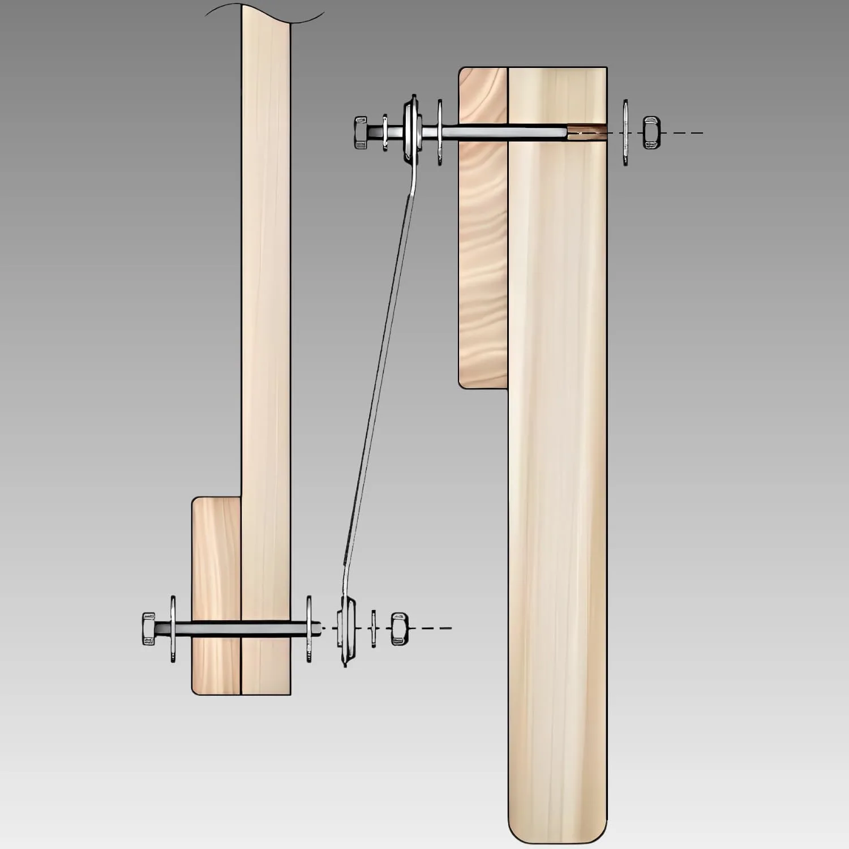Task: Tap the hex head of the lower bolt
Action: click(148, 628)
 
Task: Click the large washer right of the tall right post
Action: click(625, 132)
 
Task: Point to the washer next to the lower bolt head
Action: click(173, 628)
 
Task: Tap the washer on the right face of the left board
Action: click(309, 628)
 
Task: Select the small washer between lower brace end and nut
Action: click(373, 628)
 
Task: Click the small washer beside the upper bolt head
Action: click(385, 132)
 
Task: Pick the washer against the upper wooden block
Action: click(440, 132)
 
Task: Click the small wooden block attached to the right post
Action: click(483, 255)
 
